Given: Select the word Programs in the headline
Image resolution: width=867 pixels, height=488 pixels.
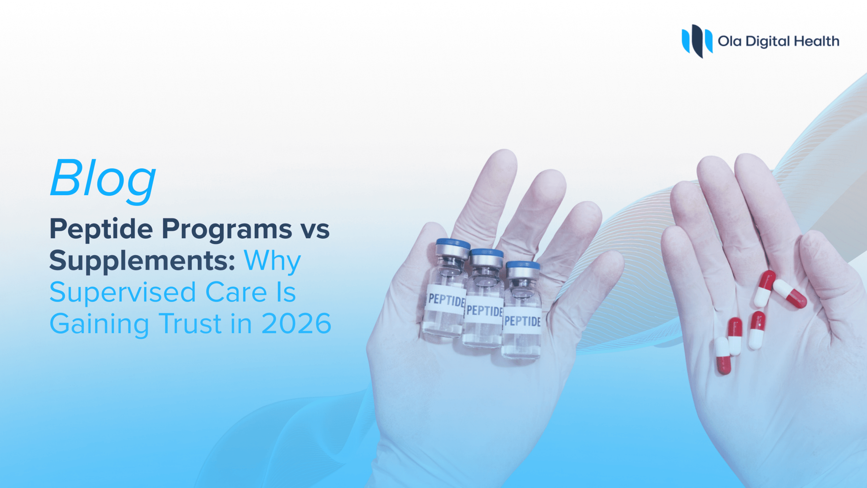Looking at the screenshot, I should [227, 230].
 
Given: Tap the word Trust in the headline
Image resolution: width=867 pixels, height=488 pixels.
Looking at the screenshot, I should [190, 324].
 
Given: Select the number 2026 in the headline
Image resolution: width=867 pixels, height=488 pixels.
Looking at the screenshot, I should [296, 324].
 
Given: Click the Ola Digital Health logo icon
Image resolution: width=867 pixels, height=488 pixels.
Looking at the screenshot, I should [697, 41].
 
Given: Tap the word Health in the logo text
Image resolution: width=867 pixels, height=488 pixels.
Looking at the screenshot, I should [817, 41].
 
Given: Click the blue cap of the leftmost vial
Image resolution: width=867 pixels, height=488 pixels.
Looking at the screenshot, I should [453, 244].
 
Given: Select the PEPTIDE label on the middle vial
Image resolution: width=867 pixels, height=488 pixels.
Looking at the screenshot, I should [484, 310].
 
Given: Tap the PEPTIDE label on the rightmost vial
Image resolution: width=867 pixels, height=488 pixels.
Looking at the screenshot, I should [522, 321].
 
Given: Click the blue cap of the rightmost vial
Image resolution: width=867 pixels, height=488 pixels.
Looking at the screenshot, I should [523, 265].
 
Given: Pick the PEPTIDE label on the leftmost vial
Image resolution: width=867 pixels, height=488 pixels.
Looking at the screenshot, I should [446, 300].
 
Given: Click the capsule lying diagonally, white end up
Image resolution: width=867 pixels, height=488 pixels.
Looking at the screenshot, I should [790, 293].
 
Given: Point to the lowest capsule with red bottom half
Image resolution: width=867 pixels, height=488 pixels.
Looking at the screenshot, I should [723, 356].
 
